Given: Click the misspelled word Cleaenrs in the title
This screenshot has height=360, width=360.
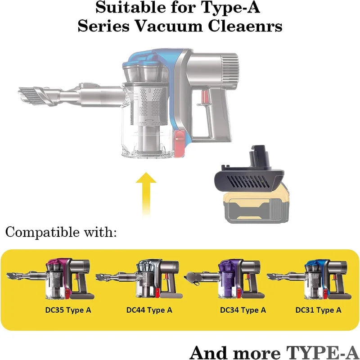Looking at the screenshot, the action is (x=245, y=26).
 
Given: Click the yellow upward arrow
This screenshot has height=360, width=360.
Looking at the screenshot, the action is (x=146, y=194).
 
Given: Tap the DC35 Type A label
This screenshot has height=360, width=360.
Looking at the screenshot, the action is (x=68, y=310).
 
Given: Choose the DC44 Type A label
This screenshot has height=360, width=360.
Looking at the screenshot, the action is (x=149, y=310).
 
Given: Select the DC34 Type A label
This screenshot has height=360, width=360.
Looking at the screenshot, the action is (x=243, y=310).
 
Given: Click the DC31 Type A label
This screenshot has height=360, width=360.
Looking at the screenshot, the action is (x=318, y=310).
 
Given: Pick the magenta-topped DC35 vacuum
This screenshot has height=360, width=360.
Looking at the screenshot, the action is (x=51, y=279).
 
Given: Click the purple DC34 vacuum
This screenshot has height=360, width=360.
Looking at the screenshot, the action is (x=224, y=279).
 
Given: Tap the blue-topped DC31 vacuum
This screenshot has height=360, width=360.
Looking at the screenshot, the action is (x=310, y=279).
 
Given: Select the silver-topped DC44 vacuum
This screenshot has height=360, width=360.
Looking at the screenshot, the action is (x=139, y=279).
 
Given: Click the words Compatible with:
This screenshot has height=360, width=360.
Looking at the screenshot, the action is (x=61, y=232).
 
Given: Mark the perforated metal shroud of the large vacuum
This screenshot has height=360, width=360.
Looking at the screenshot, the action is (x=149, y=104).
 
